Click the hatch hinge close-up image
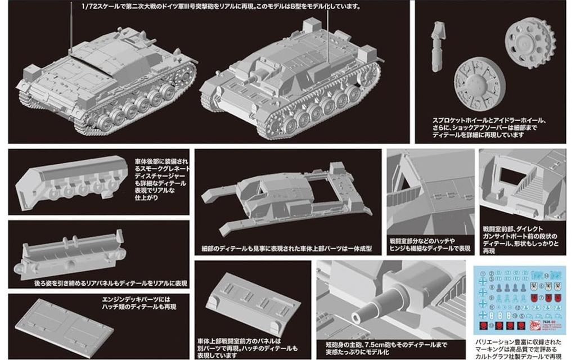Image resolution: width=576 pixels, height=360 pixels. pos(427,191)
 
